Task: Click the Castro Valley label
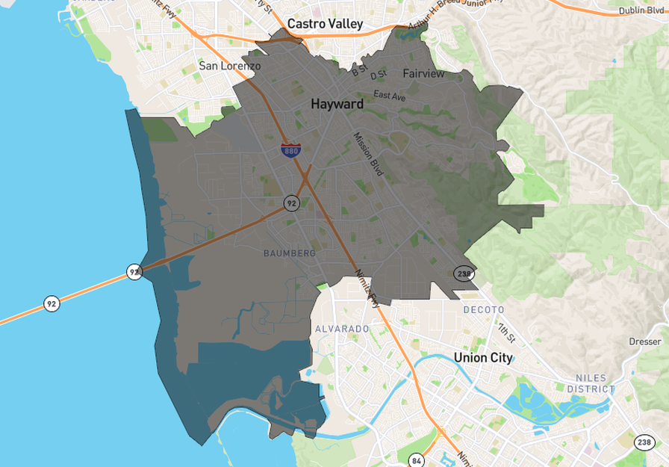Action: click(325, 24)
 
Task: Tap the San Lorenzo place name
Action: click(230, 66)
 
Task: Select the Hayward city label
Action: click(337, 104)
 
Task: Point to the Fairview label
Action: click(423, 73)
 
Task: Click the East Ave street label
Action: click(389, 96)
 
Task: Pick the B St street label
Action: click(360, 71)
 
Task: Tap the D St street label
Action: click(379, 75)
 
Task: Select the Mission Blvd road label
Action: click(368, 155)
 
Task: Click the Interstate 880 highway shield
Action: click(291, 149)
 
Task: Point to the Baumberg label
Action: click(290, 253)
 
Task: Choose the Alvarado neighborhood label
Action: click(342, 329)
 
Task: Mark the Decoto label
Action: click(484, 309)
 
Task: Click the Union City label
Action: click(483, 358)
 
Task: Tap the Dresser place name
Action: click(644, 341)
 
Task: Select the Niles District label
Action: click(591, 383)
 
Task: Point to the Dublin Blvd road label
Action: click(641, 10)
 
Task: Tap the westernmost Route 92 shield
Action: click(51, 303)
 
